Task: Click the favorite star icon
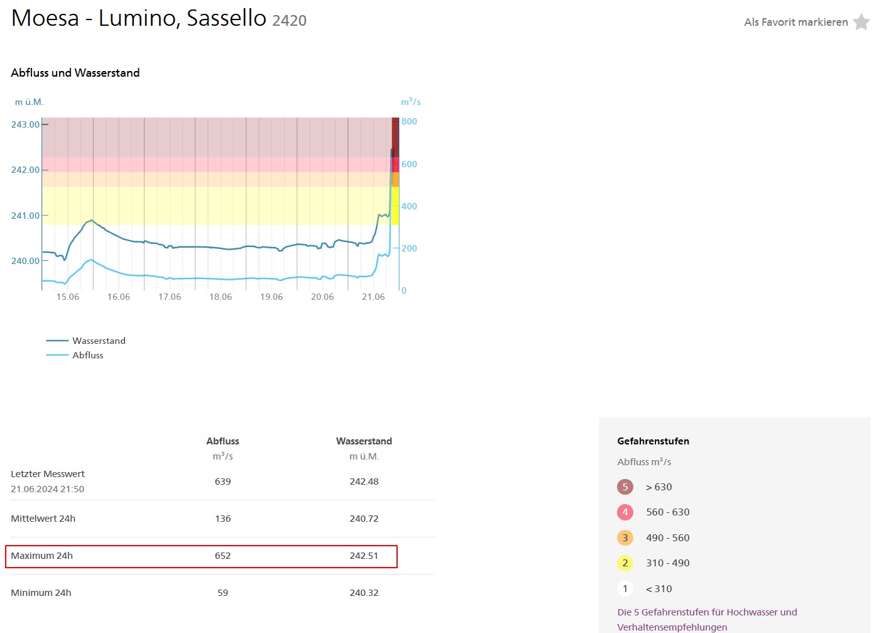click(861, 22)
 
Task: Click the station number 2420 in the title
click(289, 21)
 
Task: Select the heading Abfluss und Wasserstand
click(75, 73)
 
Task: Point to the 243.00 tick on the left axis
click(25, 124)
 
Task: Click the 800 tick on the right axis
click(409, 121)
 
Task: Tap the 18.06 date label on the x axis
click(221, 297)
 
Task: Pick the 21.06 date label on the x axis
click(373, 297)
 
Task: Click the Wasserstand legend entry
click(99, 341)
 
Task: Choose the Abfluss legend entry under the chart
click(87, 355)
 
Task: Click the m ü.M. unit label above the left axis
click(30, 102)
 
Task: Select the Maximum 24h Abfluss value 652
click(222, 556)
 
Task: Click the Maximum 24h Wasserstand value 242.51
click(364, 556)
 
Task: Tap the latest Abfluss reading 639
click(222, 482)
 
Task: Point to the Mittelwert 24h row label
click(43, 519)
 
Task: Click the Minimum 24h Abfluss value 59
click(222, 593)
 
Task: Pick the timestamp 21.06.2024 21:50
click(47, 489)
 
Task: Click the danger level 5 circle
click(625, 487)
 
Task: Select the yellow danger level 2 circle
click(625, 563)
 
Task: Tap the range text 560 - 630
click(667, 512)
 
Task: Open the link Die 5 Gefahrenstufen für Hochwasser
click(707, 612)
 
